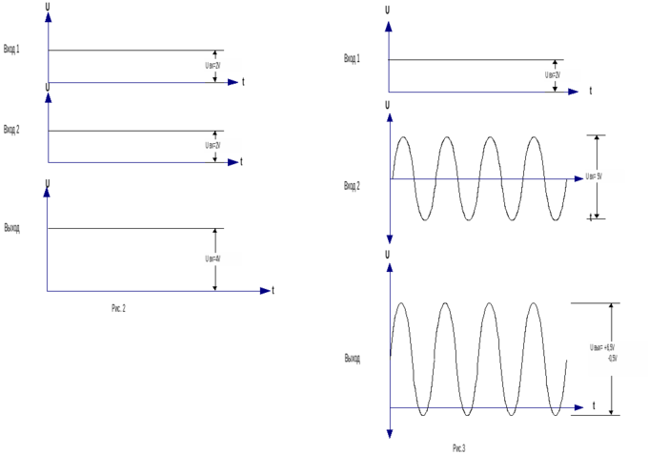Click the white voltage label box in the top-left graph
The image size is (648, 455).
click(223, 65)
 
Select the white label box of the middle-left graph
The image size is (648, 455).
click(223, 145)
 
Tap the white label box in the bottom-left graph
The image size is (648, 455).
click(223, 259)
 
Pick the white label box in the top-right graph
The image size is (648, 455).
click(562, 74)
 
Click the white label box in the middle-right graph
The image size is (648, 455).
click(604, 176)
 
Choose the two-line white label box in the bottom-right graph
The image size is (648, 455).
click(618, 358)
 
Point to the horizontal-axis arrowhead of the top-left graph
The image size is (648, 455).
click(232, 82)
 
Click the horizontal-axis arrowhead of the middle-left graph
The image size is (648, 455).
click(232, 162)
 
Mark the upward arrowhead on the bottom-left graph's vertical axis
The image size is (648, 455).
click(47, 193)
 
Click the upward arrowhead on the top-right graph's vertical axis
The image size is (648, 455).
click(388, 26)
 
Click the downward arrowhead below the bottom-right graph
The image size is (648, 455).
click(389, 432)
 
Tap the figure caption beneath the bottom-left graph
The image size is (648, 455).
click(118, 308)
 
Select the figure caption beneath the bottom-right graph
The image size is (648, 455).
click(459, 447)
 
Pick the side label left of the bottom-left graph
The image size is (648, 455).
click(11, 228)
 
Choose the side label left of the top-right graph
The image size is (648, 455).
click(352, 59)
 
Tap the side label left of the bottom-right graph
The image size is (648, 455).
click(352, 359)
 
